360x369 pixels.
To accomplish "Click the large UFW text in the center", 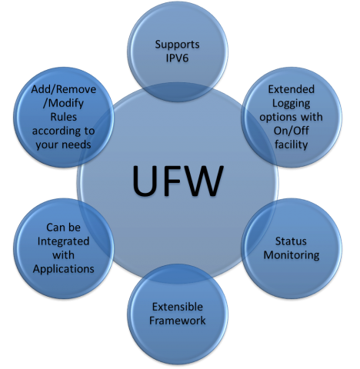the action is (x=178, y=181).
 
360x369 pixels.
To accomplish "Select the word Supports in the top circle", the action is (x=177, y=45).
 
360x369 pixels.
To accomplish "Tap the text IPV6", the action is (x=177, y=58).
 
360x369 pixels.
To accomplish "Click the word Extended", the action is (x=292, y=89).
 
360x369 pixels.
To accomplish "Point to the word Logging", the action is (x=292, y=104).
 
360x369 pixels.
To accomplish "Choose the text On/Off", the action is (x=292, y=131).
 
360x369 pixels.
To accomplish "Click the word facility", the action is (x=292, y=145).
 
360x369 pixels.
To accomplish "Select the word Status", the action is (x=291, y=241).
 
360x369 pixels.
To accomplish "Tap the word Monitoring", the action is (x=292, y=255).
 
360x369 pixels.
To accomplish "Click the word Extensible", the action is (x=178, y=307).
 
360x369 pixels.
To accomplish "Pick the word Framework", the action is (x=178, y=321).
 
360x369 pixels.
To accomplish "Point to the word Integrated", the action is (x=63, y=242).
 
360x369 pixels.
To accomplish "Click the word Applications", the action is (x=64, y=269).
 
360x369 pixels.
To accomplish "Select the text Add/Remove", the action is (x=64, y=89).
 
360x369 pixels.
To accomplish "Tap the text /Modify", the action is (x=63, y=104).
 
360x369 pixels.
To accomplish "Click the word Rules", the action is (x=64, y=117).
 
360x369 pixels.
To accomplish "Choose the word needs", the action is (x=76, y=145).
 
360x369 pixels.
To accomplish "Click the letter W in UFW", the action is (x=205, y=181).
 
